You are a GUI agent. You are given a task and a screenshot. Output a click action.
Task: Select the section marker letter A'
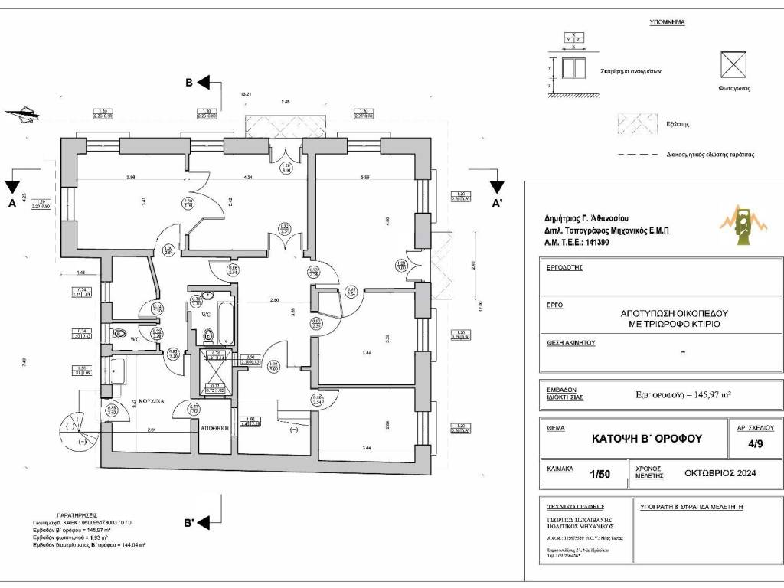pos(497,204)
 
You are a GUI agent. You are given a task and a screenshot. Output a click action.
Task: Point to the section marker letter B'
pos(189,523)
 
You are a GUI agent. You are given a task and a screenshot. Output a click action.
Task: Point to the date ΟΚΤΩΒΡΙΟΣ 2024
pos(720,474)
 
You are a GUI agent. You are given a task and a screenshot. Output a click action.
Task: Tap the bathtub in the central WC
pos(226,323)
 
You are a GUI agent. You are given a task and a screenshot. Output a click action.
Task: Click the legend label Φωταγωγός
pos(733,88)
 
